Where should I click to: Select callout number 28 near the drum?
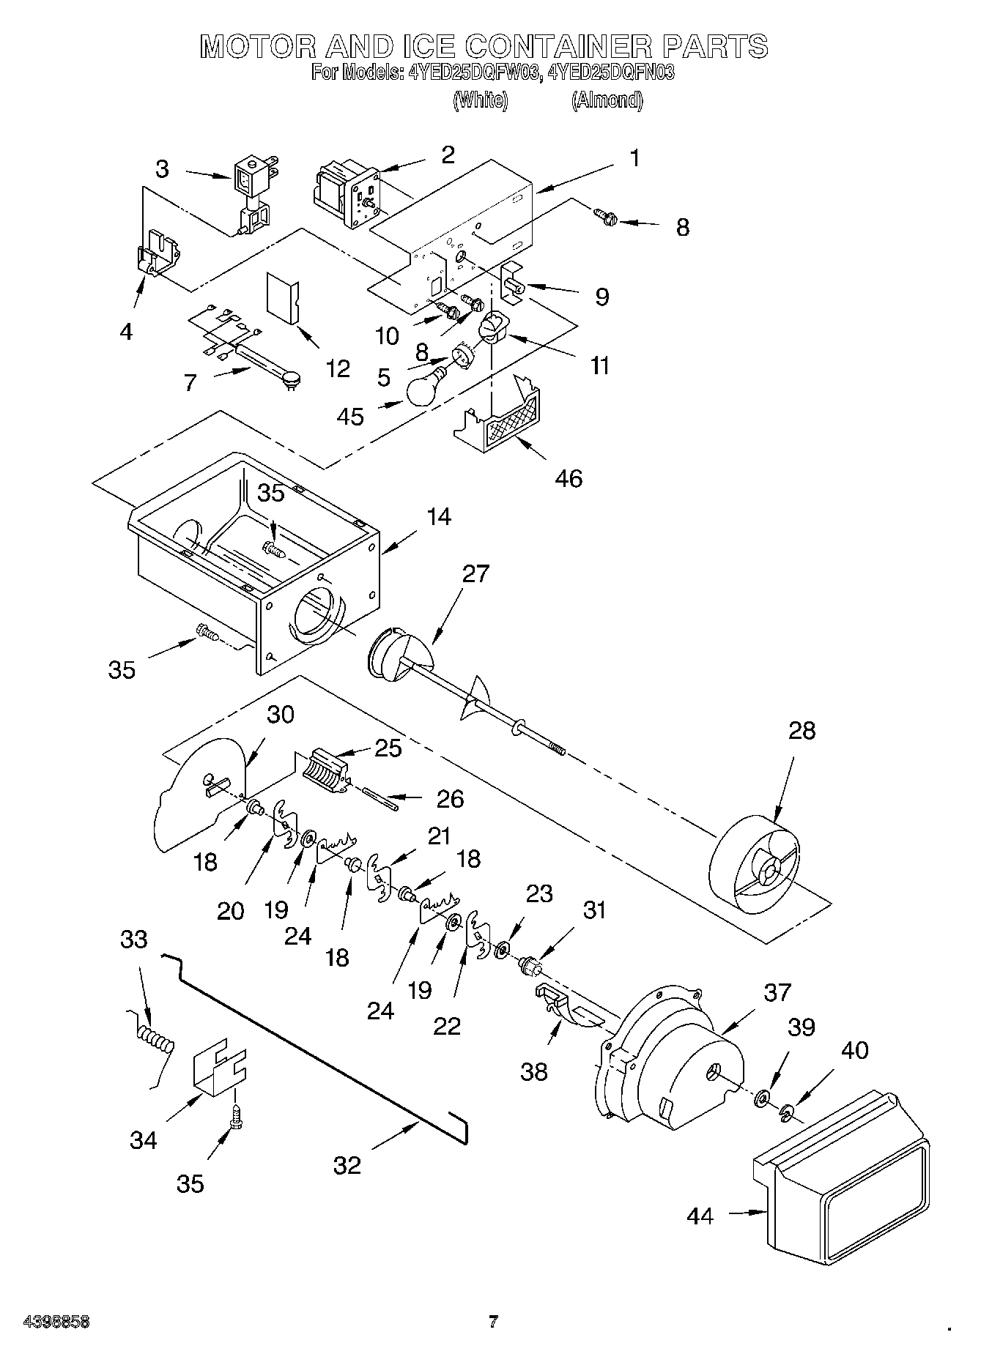point(802,731)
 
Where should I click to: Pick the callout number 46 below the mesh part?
point(569,479)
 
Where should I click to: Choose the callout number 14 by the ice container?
point(438,516)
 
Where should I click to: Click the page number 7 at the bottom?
point(493,1321)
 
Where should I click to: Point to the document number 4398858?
point(47,1323)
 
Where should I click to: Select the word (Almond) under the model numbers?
point(607,100)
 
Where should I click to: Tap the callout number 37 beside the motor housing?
point(777,992)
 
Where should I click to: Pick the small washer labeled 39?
point(762,1096)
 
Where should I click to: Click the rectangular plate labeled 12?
point(284,297)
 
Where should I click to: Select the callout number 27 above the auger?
point(475,573)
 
